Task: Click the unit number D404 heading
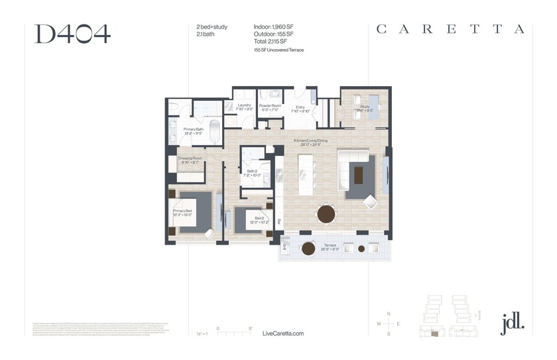tap(72, 33)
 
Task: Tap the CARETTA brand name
tap(451, 29)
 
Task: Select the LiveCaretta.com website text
tap(283, 333)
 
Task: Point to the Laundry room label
tap(244, 107)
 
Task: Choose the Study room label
tap(365, 108)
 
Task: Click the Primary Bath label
tap(194, 131)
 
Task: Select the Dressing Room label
tap(190, 160)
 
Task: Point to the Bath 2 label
tap(252, 173)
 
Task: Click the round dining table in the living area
tap(326, 214)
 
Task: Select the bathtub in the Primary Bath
tap(215, 131)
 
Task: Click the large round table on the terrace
tap(308, 249)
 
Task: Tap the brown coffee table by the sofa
tap(359, 174)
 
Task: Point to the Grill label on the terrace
tap(285, 245)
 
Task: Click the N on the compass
tap(389, 313)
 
